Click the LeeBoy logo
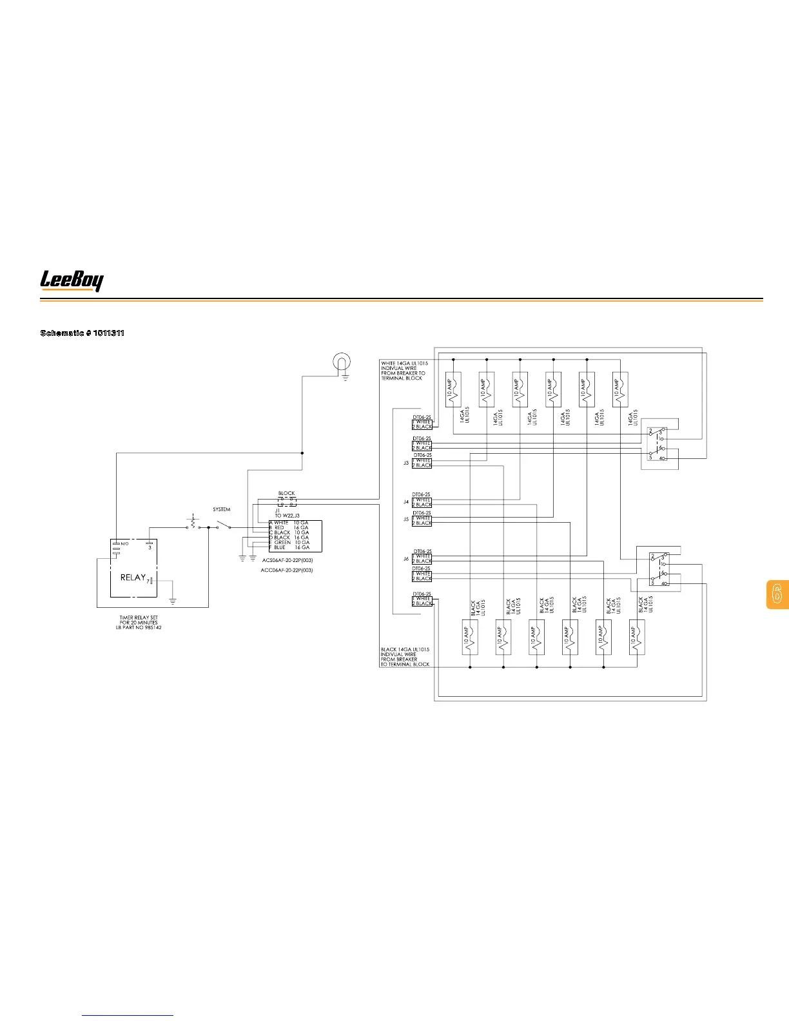click(72, 280)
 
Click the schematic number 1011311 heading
click(83, 333)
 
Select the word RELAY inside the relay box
click(133, 578)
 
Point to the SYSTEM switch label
click(221, 510)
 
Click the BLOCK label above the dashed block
click(286, 494)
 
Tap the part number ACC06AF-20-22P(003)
click(287, 570)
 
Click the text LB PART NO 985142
click(139, 628)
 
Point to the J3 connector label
click(406, 463)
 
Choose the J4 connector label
click(406, 501)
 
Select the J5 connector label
click(406, 519)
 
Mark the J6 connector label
click(406, 559)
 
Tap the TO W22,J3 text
click(287, 516)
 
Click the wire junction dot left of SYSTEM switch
click(208, 527)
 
